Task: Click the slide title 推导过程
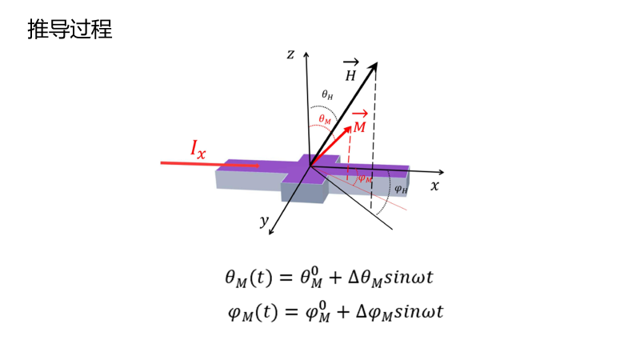pyautogui.click(x=70, y=30)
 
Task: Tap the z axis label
pyautogui.click(x=291, y=54)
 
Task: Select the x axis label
pyautogui.click(x=434, y=186)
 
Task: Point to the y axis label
pyautogui.click(x=263, y=221)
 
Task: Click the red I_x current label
pyautogui.click(x=198, y=148)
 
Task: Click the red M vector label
pyautogui.click(x=360, y=126)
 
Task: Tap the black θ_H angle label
pyautogui.click(x=327, y=94)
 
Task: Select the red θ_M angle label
pyautogui.click(x=324, y=118)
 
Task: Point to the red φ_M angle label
pyautogui.click(x=364, y=178)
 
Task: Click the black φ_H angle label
pyautogui.click(x=401, y=190)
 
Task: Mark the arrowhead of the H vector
pyautogui.click(x=374, y=68)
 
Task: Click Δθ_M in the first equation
pyautogui.click(x=363, y=279)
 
